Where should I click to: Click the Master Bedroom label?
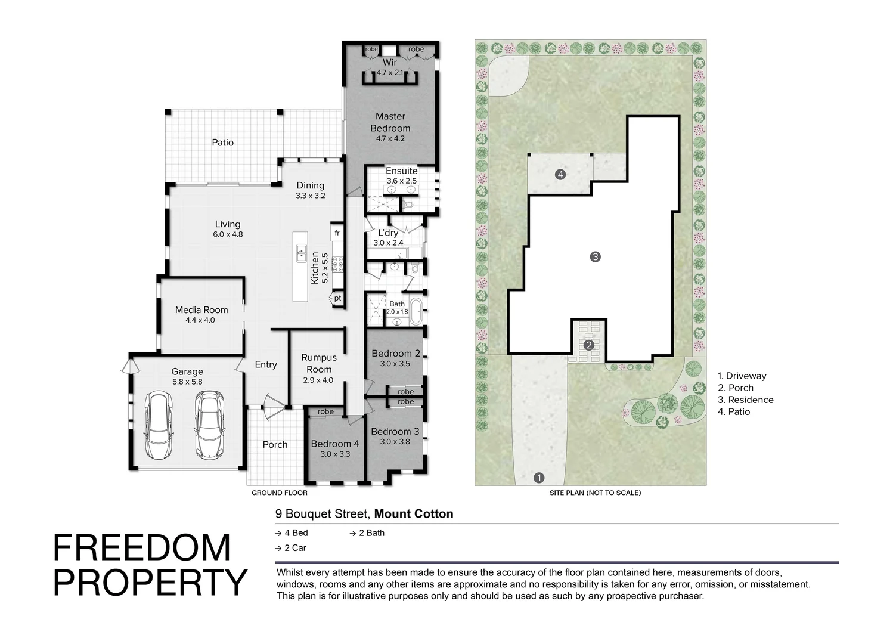coord(390,122)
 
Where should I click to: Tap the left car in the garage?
coord(159,425)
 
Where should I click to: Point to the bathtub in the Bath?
coord(416,311)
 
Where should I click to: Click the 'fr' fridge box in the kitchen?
coord(337,233)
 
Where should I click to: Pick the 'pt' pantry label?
coord(337,298)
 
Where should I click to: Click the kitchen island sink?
coord(302,253)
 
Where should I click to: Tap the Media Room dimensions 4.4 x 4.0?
coord(200,320)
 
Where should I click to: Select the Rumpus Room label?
coord(319,363)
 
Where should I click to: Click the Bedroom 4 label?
coord(335,444)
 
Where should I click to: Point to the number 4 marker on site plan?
coord(560,174)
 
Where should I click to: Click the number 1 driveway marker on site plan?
coord(539,478)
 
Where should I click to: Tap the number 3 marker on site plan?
coord(595,256)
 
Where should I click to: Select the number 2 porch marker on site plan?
coord(589,345)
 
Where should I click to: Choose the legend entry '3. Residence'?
coord(745,400)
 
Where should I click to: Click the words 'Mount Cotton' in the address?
coord(413,514)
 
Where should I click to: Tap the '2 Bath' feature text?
coord(371,533)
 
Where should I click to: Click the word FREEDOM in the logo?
coord(142,548)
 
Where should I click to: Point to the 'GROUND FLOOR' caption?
coord(280,493)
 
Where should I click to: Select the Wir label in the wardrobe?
coord(390,62)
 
